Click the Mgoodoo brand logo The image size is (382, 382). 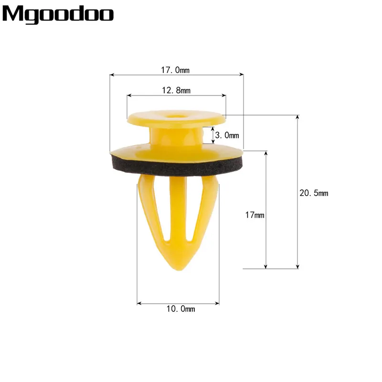click(x=58, y=14)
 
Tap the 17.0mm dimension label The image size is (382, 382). click(x=175, y=70)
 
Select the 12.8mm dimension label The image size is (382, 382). click(x=176, y=90)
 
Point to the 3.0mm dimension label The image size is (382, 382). click(x=227, y=135)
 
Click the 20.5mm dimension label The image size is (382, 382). click(x=314, y=193)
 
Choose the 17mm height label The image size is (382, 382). click(x=255, y=215)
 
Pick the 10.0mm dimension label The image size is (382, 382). click(x=180, y=309)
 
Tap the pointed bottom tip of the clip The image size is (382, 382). click(x=179, y=270)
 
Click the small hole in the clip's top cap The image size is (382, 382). click(x=176, y=114)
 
